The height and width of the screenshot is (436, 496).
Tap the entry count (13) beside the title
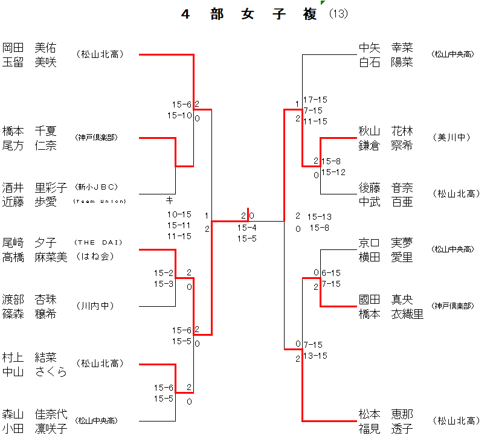click(x=338, y=14)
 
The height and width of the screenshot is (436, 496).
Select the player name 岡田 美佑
click(x=29, y=47)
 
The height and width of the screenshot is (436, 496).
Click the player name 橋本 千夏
click(x=29, y=130)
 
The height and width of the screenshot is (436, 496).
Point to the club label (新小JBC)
click(x=97, y=187)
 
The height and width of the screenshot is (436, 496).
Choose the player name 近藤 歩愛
click(x=29, y=202)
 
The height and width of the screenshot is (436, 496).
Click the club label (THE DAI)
click(x=98, y=243)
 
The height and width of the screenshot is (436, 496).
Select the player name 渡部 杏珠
click(x=29, y=299)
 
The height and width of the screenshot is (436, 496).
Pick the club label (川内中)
click(x=95, y=306)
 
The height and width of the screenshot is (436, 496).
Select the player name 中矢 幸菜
click(x=385, y=47)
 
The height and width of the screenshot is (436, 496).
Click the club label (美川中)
click(x=451, y=138)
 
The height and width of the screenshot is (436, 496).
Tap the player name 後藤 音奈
click(x=385, y=188)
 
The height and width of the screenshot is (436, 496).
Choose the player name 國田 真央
click(x=385, y=299)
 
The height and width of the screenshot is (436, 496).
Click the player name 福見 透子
click(x=385, y=429)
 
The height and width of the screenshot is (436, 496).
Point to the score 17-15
click(x=315, y=100)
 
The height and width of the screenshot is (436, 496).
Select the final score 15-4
click(x=246, y=228)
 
